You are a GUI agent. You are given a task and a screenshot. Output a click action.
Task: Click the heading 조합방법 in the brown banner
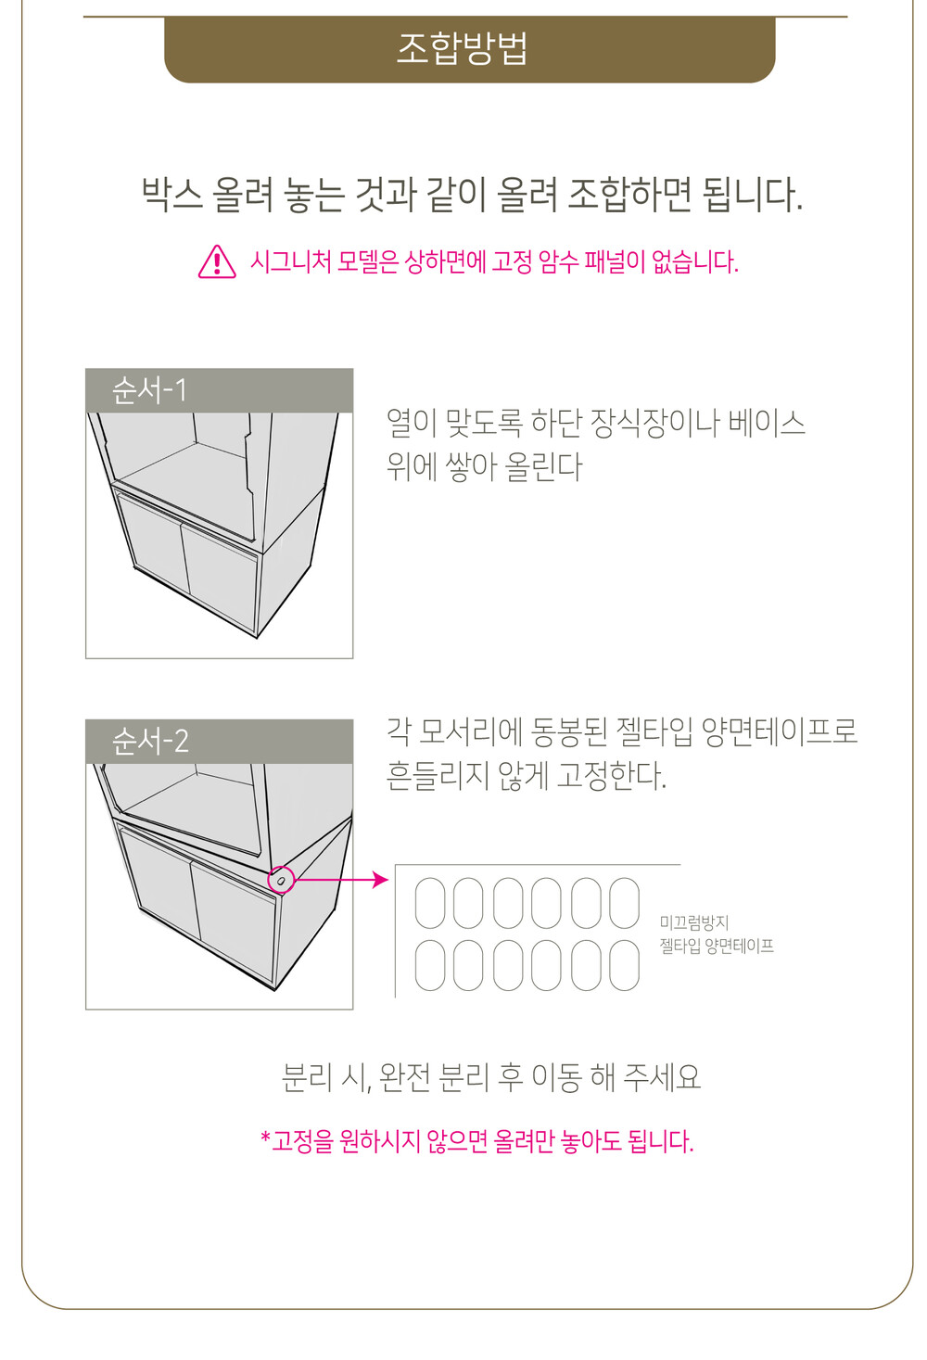(462, 48)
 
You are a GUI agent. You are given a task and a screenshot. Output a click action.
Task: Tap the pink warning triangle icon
(217, 262)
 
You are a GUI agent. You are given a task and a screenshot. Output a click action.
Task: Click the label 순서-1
(148, 390)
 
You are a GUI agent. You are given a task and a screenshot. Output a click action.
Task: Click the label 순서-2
(150, 742)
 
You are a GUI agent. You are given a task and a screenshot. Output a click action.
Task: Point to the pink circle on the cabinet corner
(281, 879)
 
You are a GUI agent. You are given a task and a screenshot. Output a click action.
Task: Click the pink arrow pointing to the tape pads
(341, 879)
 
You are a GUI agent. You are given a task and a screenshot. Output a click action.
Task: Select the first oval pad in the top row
(430, 903)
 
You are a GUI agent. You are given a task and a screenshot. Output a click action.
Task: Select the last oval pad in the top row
(624, 903)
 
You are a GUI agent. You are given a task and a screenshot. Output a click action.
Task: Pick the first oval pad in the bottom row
(430, 965)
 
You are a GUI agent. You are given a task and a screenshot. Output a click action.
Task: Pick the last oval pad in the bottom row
(624, 965)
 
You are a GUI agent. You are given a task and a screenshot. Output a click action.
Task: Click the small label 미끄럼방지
(694, 922)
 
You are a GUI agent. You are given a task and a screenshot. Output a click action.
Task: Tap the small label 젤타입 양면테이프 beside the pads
(717, 946)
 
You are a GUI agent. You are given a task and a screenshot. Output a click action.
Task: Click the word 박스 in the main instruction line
(171, 195)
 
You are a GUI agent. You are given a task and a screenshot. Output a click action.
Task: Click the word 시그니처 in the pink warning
(290, 262)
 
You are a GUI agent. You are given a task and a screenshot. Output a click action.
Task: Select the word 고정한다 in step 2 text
(611, 775)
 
